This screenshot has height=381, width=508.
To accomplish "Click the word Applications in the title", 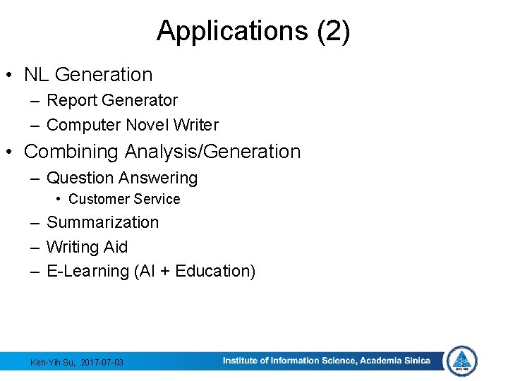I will (x=231, y=32).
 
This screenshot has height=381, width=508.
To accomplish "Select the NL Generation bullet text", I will (x=88, y=74).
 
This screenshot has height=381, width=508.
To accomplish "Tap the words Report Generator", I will (x=112, y=100).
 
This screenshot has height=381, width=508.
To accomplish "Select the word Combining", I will (x=72, y=152).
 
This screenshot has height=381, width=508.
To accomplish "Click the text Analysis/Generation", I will (x=212, y=152).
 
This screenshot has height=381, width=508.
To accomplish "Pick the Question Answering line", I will (x=122, y=178).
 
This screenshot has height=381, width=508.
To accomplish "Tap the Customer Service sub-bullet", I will (x=124, y=199).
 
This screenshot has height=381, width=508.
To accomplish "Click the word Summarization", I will (x=102, y=222).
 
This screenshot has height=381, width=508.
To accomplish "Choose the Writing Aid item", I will (x=87, y=247).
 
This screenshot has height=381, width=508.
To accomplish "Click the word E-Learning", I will (x=87, y=271).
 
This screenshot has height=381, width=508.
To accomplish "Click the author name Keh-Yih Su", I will (x=53, y=362).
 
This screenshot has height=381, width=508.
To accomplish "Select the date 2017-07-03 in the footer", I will (x=102, y=362).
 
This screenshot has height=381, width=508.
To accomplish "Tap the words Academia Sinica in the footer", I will (x=394, y=361).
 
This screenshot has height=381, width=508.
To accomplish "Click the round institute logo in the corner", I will (x=462, y=361).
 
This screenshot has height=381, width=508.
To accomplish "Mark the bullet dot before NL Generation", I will (x=12, y=75).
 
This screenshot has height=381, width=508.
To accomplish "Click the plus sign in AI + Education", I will (x=164, y=271).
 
